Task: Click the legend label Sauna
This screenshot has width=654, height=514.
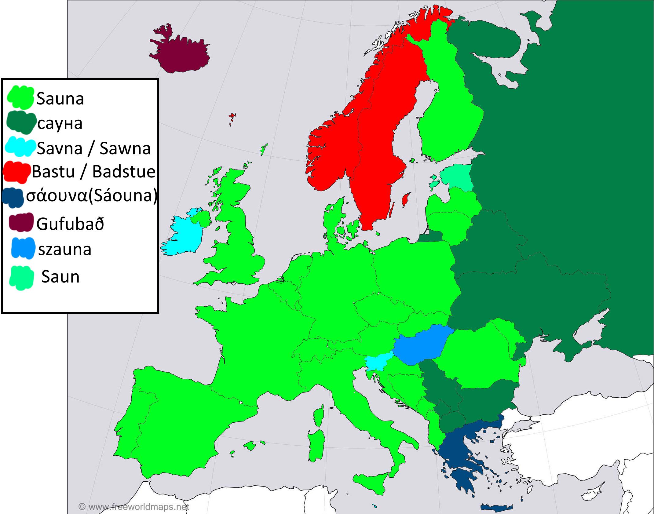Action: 60,99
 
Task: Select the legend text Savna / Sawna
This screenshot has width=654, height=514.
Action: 94,149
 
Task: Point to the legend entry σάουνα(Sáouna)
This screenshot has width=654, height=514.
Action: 92,196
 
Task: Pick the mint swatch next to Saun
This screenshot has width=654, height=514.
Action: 21,277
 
